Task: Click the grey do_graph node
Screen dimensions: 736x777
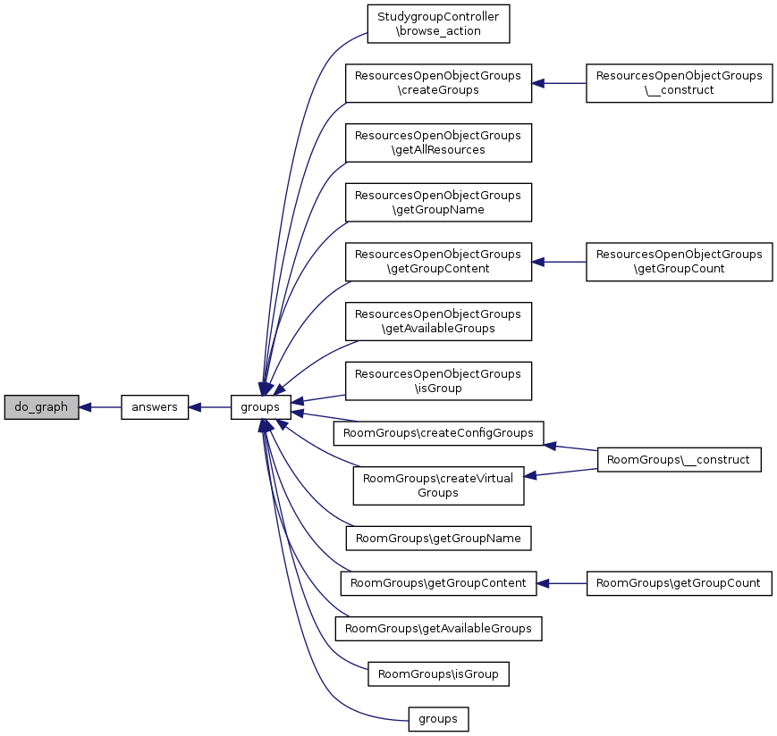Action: [x=41, y=407]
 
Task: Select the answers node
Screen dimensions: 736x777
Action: [x=155, y=407]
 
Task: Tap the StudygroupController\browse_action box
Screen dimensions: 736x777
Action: [x=438, y=24]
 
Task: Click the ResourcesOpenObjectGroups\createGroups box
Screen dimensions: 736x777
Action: [x=438, y=83]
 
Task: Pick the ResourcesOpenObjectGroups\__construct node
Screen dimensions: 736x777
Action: [x=679, y=83]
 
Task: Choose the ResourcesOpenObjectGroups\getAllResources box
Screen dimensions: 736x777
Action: [x=438, y=143]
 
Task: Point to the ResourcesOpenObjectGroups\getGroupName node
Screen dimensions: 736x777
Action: [x=438, y=203]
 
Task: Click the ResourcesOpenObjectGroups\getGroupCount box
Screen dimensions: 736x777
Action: [x=679, y=262]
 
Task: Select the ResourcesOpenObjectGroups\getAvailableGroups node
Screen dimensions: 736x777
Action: [x=438, y=322]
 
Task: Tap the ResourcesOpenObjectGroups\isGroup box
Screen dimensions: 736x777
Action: [x=438, y=381]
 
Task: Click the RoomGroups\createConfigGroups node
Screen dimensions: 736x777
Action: [x=438, y=433]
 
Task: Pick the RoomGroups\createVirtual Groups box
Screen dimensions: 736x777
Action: [x=438, y=486]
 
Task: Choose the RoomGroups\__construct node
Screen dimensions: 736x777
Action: [x=679, y=460]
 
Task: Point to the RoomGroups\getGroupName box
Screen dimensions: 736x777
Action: [x=438, y=538]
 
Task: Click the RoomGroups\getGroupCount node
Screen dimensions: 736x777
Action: [x=679, y=583]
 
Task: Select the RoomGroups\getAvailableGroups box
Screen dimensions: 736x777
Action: [x=438, y=628]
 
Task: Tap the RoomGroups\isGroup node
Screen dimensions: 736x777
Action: [x=438, y=673]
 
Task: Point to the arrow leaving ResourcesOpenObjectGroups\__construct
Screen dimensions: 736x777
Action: [x=559, y=83]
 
